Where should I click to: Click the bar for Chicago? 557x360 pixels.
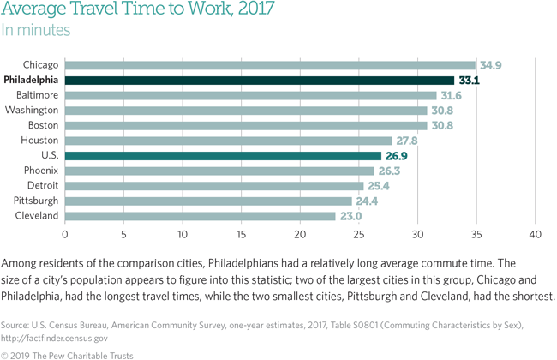click(270, 65)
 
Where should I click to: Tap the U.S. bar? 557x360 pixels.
click(223, 156)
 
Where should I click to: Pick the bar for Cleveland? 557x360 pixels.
click(200, 216)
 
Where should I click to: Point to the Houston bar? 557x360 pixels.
click(228, 141)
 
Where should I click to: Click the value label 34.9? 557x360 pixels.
click(491, 65)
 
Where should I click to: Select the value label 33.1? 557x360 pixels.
click(470, 80)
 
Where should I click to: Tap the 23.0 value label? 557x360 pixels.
click(350, 216)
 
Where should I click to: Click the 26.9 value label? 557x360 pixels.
click(397, 156)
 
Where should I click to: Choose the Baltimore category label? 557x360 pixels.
click(36, 95)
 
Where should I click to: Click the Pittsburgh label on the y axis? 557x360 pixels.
click(35, 201)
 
